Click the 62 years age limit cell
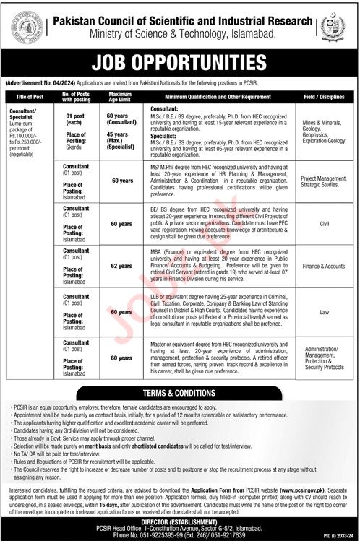point(119,265)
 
